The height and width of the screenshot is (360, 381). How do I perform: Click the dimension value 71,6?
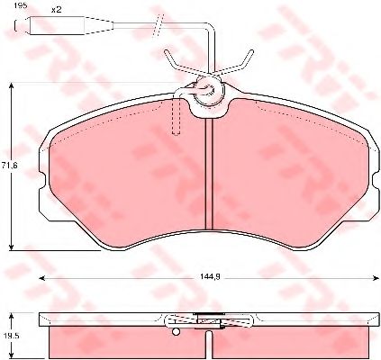point(9,166)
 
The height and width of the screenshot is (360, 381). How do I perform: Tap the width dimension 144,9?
point(210,278)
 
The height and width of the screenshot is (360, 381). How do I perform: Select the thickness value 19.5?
point(14,337)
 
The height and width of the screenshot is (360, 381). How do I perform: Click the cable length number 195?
point(21,5)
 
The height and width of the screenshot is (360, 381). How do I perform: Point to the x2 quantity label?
point(56,10)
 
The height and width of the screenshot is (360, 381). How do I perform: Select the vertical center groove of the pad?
point(209,175)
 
